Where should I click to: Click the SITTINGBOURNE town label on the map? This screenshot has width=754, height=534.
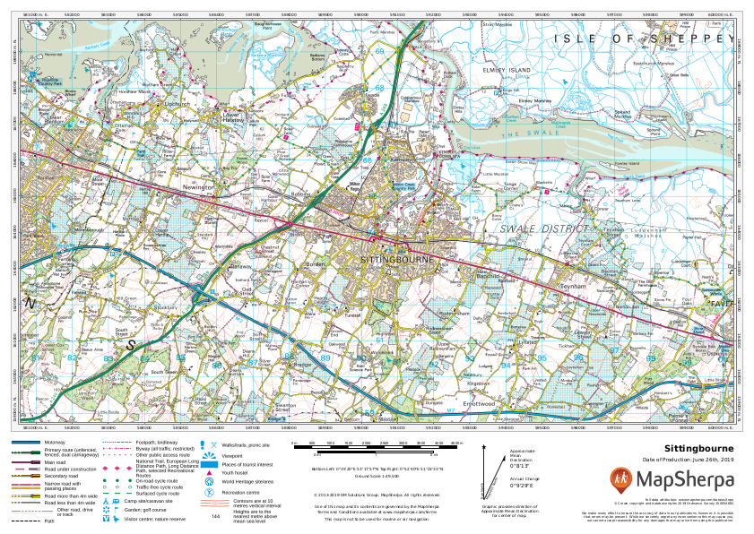click(x=396, y=258)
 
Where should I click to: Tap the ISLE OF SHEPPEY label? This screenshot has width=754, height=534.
click(x=643, y=39)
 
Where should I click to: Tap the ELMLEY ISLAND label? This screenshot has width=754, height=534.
click(x=507, y=68)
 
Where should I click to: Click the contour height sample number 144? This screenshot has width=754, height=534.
click(x=214, y=515)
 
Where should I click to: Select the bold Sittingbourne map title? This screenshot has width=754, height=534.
click(x=698, y=448)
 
